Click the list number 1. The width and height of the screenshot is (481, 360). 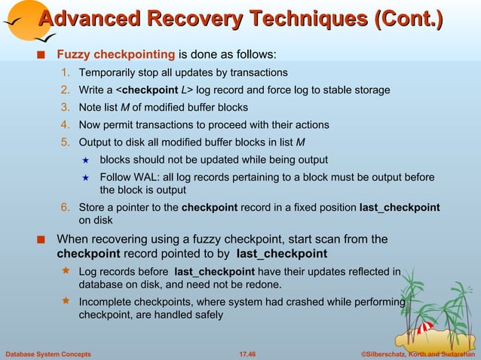click(66, 73)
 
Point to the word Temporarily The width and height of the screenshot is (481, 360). click(110, 73)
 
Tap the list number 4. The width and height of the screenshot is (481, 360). click(66, 125)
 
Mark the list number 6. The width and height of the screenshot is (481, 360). click(66, 208)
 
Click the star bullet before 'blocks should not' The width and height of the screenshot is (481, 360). click(85, 160)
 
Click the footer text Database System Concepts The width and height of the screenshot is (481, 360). click(48, 353)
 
